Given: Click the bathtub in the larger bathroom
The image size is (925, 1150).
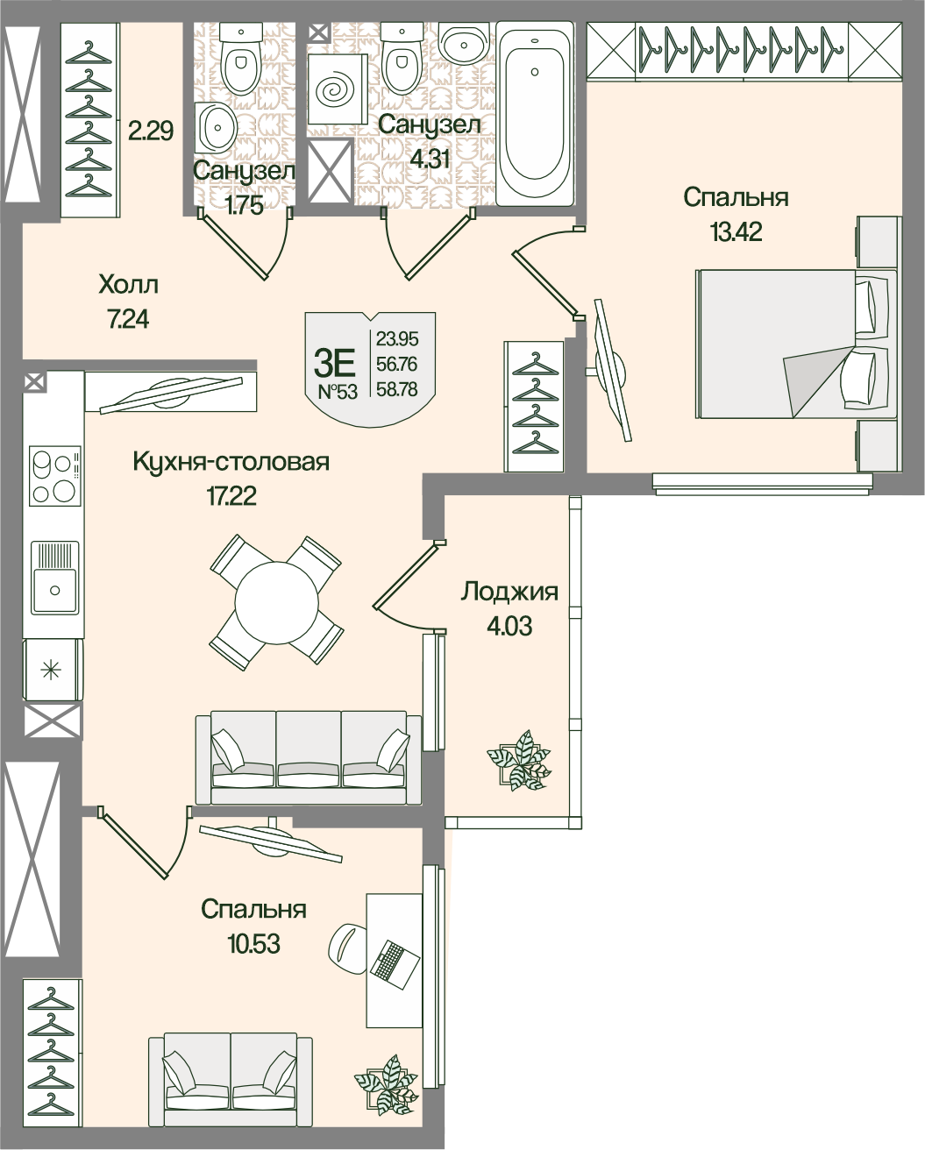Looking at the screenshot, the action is [x=535, y=113].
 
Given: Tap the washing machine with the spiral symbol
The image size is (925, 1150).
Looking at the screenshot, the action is [x=338, y=89].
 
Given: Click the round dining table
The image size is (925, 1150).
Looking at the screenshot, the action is [x=276, y=602].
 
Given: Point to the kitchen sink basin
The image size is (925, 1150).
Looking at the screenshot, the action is [x=54, y=577].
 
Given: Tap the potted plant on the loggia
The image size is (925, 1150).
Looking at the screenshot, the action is [x=519, y=761].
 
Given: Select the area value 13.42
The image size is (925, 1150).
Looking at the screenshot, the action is [x=736, y=232].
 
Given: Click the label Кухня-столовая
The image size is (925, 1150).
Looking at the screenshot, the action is [x=231, y=462].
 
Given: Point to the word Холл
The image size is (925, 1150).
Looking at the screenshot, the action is [x=128, y=286].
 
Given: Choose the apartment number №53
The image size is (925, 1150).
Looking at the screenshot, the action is [x=338, y=392].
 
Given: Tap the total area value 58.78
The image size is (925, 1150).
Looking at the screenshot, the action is [x=396, y=389].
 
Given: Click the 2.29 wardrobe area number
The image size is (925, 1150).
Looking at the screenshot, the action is [x=151, y=131].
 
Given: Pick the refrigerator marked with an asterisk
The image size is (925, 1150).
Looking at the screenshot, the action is [x=53, y=671].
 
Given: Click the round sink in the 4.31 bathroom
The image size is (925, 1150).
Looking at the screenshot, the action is [x=464, y=46].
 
